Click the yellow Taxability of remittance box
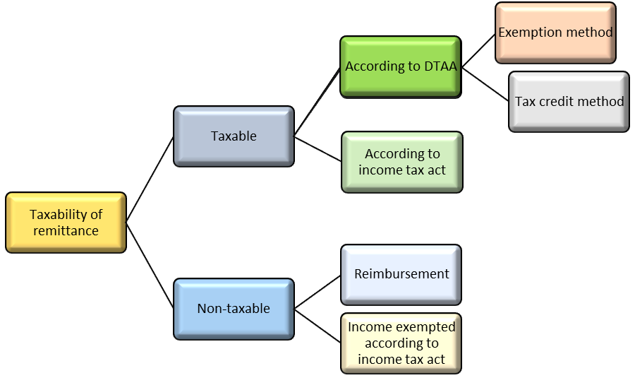click(66, 223)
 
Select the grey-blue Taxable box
click(234, 136)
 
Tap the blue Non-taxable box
click(234, 309)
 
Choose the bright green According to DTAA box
click(401, 67)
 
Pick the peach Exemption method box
click(555, 33)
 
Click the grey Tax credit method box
click(569, 102)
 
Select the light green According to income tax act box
click(402, 162)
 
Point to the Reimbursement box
click(401, 275)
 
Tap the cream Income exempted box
click(401, 343)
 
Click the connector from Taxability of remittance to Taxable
click(150, 179)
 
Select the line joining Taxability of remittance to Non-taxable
click(150, 266)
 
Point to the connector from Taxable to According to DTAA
click(317, 102)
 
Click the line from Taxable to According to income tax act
click(318, 149)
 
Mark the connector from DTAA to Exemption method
click(478, 50)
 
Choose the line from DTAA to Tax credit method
click(485, 84)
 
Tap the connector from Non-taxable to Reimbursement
click(317, 292)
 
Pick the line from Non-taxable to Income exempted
click(317, 326)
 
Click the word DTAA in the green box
click(440, 66)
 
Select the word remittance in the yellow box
click(66, 231)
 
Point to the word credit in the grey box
click(557, 101)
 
